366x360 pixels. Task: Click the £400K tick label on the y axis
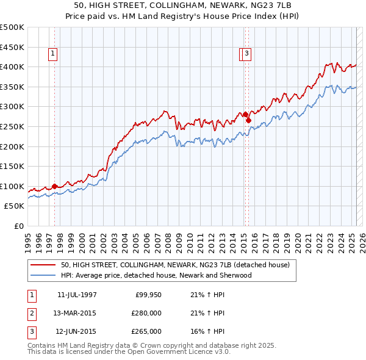12,67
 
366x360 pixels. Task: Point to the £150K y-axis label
12,166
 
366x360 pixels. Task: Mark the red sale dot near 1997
54,186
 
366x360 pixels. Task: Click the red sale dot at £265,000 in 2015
249,120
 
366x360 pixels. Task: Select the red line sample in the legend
43,265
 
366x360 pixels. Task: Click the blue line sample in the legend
43,275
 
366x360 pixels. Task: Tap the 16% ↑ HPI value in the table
207,332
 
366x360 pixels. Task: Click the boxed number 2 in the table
31,314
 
